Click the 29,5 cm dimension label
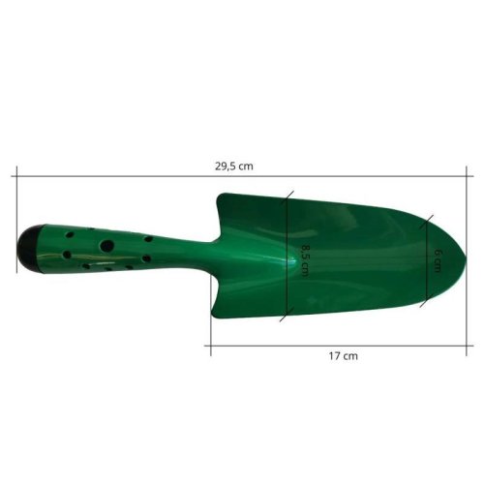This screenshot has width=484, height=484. point(234,166)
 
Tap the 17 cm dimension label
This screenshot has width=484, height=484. point(344,356)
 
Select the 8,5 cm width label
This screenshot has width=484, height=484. point(305,260)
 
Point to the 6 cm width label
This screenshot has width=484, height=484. point(438,260)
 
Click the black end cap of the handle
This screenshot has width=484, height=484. point(29,249)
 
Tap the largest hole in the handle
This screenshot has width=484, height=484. point(107,246)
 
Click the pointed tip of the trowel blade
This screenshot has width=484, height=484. point(467,257)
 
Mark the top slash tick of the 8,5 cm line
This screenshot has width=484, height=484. point(287,197)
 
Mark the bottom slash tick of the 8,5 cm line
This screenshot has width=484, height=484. point(287,315)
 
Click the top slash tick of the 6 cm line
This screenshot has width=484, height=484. point(427,222)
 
